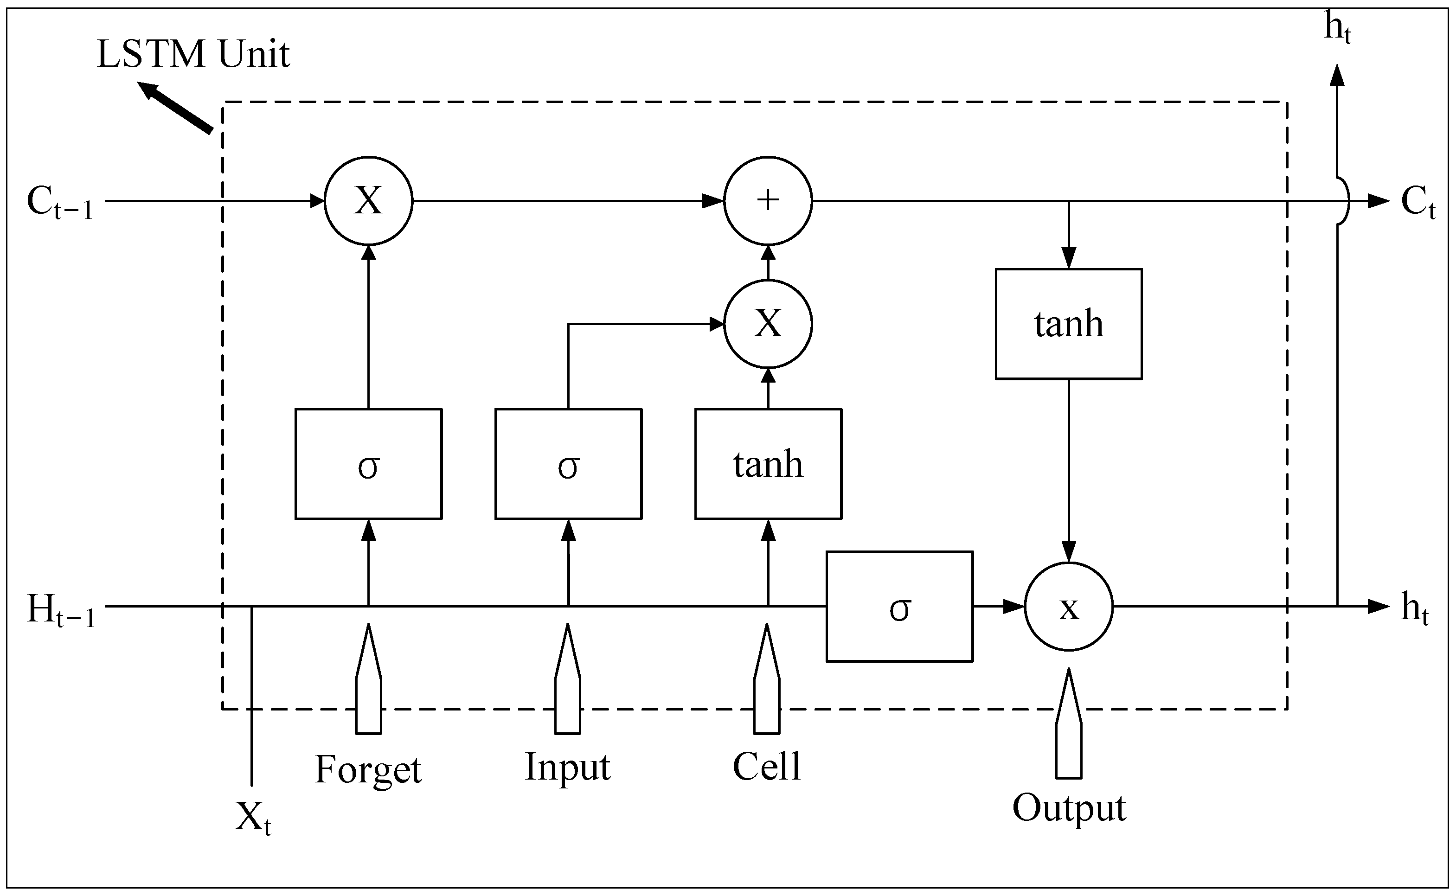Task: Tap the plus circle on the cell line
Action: (768, 200)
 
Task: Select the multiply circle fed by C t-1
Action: (368, 200)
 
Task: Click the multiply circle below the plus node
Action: (768, 324)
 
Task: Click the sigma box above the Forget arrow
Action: (368, 464)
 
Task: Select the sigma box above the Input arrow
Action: (568, 464)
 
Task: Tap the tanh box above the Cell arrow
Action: (768, 464)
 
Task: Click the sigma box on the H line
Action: (899, 607)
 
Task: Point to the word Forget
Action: (368, 770)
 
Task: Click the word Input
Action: (568, 768)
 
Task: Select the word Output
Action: (1069, 808)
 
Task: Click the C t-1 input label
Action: (60, 203)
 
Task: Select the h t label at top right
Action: (1337, 30)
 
